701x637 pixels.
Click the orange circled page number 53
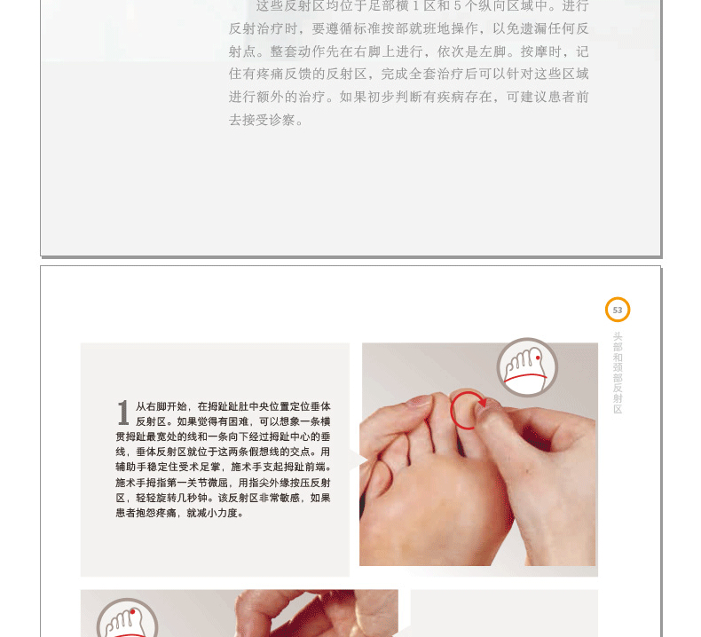618,310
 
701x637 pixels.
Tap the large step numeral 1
123,413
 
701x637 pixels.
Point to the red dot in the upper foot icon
538,358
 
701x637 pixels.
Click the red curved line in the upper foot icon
525,375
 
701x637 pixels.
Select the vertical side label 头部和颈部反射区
618,373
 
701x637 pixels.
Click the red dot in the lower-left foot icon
132,611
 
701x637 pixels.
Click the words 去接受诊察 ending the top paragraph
262,120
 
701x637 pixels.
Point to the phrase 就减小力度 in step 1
212,513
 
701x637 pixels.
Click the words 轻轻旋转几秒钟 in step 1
171,498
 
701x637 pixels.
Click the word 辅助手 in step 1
131,468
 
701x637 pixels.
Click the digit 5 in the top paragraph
457,6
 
